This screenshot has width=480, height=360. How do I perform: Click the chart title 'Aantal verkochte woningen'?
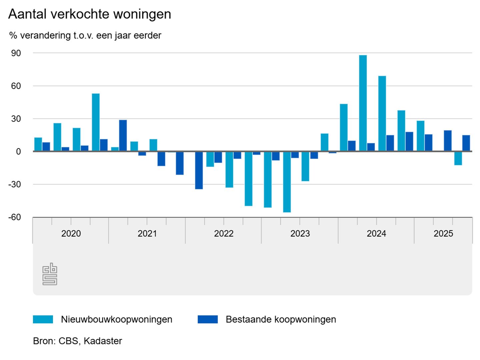90,14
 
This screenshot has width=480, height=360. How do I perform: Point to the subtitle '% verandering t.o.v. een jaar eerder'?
85,35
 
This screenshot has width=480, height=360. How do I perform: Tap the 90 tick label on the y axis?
16,53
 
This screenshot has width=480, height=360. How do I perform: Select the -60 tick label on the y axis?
15,217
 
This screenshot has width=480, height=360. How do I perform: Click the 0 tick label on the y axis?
18,151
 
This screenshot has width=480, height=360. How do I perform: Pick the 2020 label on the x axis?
71,233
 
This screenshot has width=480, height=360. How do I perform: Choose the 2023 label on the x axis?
300,233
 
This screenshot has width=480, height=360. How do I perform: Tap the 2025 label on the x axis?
443,233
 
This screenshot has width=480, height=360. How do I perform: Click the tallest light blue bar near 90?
363,103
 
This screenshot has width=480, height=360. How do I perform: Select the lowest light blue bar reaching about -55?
287,182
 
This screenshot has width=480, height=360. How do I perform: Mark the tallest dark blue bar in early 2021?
123,135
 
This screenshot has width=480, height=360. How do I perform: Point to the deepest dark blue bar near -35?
199,170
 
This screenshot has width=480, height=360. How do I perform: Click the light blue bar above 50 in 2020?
96,122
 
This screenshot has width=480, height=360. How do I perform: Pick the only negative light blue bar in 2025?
458,158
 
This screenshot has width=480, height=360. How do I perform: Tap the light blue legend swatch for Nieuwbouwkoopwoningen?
43,319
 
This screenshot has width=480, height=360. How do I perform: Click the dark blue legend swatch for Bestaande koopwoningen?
207,319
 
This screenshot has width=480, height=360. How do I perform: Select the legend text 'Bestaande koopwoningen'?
281,319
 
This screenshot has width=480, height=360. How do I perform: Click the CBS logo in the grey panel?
50,274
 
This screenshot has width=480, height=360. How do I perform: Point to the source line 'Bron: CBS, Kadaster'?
77,341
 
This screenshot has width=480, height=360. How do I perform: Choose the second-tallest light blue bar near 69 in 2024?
382,114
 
